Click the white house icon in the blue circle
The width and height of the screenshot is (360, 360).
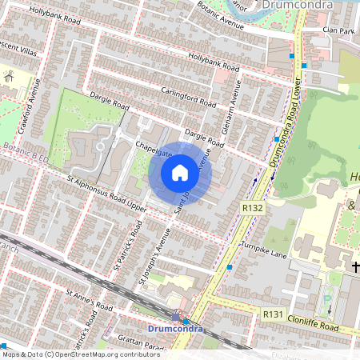click(180, 173)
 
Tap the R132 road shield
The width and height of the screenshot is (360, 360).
click(253, 208)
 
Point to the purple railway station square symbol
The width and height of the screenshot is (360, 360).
click(175, 318)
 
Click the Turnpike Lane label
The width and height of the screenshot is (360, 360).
click(263, 249)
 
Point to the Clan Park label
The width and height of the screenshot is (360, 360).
click(338, 30)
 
